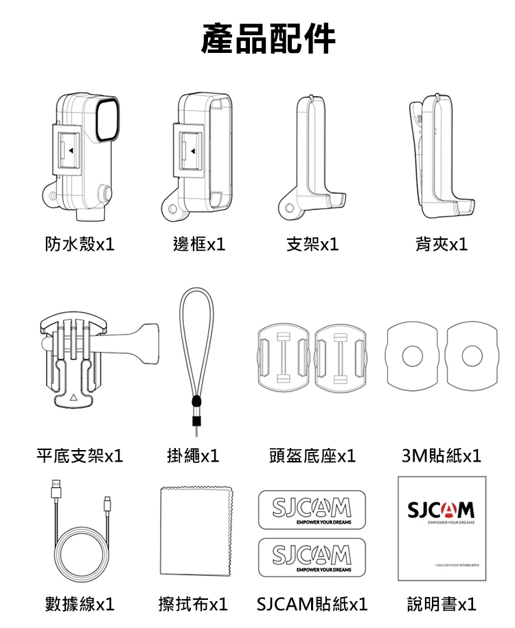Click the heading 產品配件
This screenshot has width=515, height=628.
268,38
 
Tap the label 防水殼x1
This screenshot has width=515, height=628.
80,244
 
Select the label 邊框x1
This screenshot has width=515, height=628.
199,244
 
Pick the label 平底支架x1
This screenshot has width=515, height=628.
80,455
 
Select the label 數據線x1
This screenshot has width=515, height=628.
80,604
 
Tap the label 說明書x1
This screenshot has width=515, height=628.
442,604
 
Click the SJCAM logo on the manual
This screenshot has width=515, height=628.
441,510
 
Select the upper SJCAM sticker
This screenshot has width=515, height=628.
312,510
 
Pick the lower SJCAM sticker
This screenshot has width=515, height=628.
312,557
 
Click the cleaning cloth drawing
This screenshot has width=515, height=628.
195,532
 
